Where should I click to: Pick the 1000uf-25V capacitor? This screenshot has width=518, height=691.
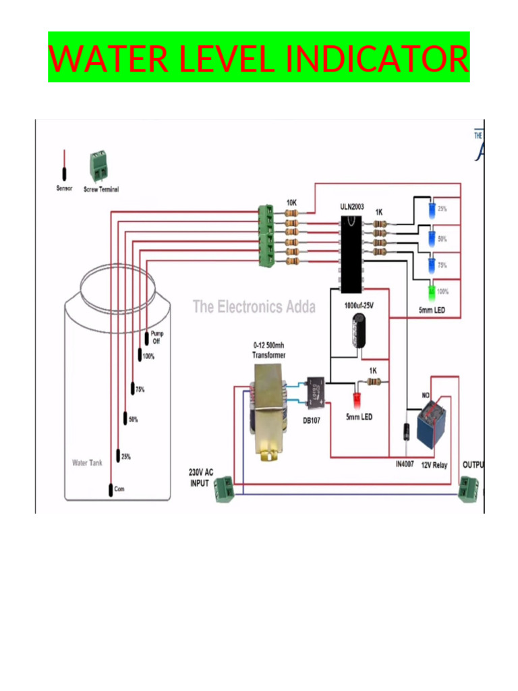(358, 331)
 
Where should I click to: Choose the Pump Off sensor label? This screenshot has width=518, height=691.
(156, 337)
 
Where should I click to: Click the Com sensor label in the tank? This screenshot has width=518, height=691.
(119, 489)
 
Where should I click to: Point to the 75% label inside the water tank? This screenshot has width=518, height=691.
(140, 389)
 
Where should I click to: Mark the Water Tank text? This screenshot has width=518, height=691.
(88, 463)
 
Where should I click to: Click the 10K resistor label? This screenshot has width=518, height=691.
(292, 202)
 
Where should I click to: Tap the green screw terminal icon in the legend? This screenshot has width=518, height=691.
(99, 167)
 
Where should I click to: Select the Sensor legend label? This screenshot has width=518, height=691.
(65, 189)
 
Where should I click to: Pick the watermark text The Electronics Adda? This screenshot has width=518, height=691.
(254, 307)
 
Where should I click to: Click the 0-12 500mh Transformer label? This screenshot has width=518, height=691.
(268, 350)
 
